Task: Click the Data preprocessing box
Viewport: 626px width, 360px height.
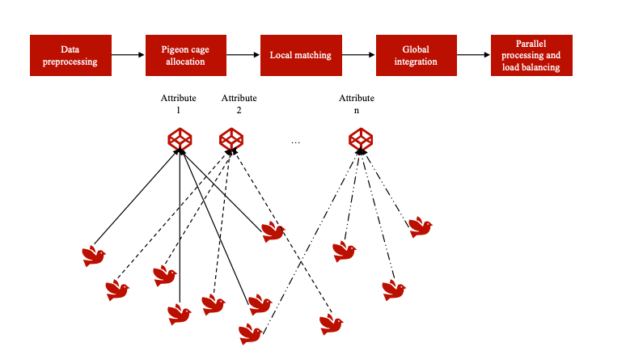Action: click(x=70, y=55)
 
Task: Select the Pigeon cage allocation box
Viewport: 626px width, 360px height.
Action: click(x=186, y=55)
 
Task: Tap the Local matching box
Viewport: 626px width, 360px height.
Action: click(x=301, y=55)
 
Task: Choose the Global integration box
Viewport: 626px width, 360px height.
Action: click(x=417, y=55)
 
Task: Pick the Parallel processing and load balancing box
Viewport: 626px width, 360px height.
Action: click(x=531, y=55)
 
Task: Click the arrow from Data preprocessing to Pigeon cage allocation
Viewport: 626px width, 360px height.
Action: click(x=128, y=55)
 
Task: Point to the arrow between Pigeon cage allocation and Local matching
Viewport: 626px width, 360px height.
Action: click(x=243, y=55)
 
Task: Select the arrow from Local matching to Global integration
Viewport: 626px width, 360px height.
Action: click(x=358, y=55)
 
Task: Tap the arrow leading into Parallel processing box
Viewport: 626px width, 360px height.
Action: click(x=474, y=55)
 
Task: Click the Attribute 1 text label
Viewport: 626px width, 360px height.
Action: click(x=178, y=104)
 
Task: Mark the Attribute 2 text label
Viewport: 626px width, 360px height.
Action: click(x=239, y=104)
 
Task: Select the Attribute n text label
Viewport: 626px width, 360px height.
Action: click(x=357, y=104)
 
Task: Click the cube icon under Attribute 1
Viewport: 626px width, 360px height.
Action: click(x=180, y=140)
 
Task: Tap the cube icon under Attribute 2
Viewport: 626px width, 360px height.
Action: click(x=231, y=140)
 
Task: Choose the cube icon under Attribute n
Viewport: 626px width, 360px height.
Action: click(x=360, y=140)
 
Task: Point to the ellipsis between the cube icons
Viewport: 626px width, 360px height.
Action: click(x=295, y=142)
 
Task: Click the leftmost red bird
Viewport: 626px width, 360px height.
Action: click(x=94, y=256)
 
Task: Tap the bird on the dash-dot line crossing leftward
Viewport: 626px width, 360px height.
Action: click(x=252, y=333)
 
